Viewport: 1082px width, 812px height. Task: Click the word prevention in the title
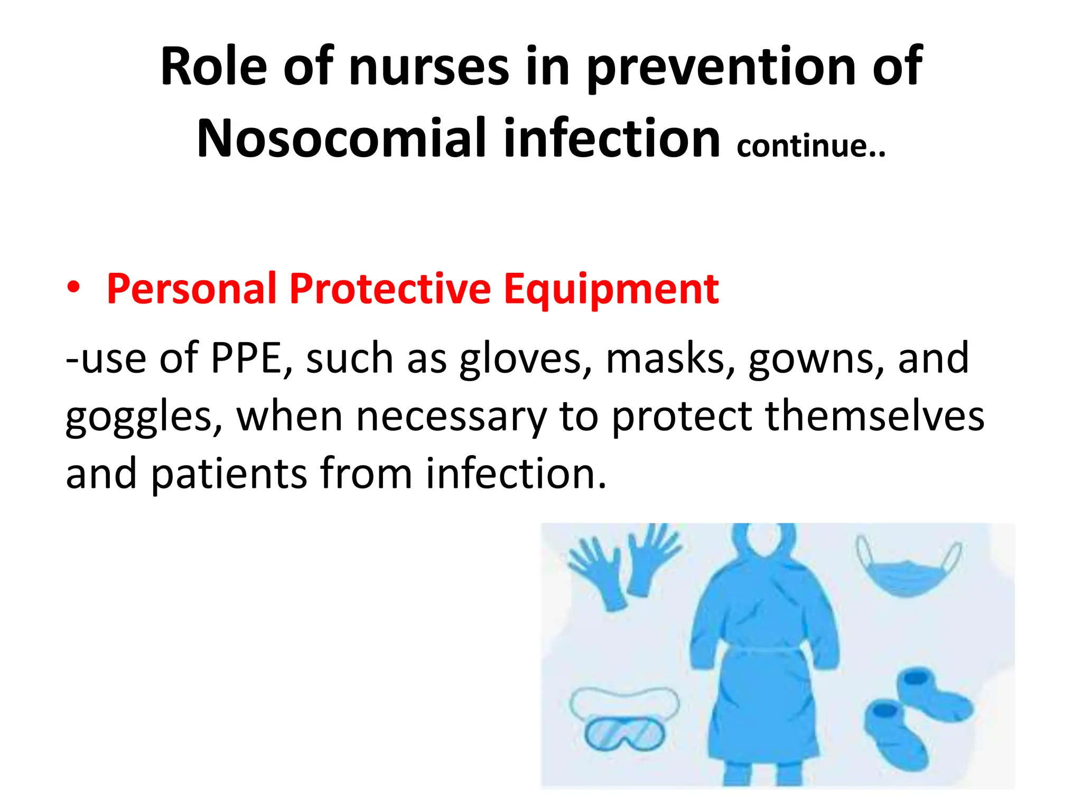(x=721, y=67)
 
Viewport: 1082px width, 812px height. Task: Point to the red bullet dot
(x=74, y=287)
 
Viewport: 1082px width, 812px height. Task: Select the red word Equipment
(x=611, y=289)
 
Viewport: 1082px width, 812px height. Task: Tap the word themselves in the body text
(x=875, y=417)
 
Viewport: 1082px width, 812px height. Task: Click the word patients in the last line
(x=229, y=474)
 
